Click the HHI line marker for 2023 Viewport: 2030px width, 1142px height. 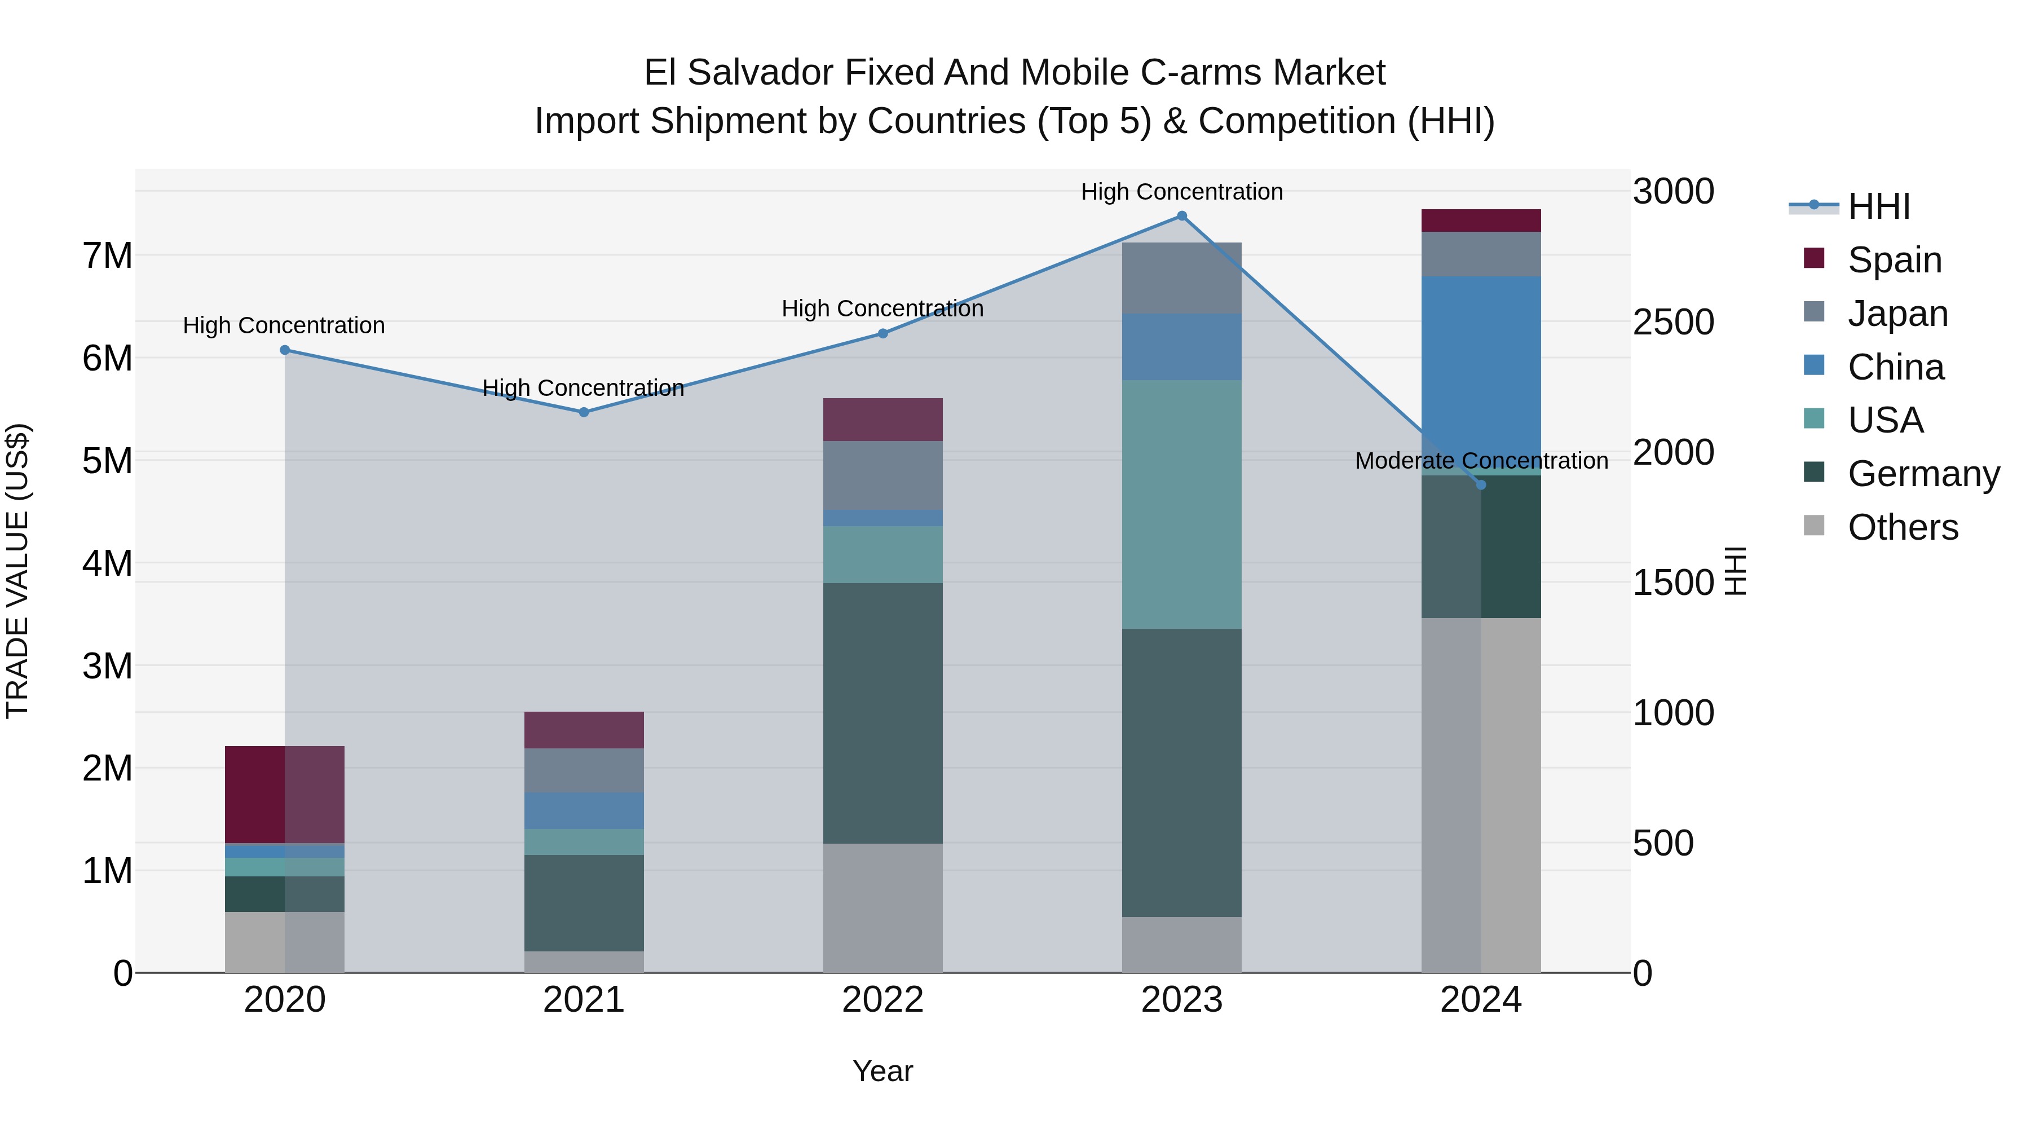coord(1181,216)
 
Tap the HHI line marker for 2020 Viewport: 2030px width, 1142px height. coord(285,350)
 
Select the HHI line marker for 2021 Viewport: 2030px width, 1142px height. coord(584,412)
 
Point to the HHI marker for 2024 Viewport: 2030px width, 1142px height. coord(1481,484)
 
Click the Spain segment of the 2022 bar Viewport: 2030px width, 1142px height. coord(882,419)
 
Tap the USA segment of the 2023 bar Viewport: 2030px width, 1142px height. coord(1181,504)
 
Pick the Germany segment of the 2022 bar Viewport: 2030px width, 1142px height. coord(882,713)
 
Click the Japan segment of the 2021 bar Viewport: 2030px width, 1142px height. coord(584,770)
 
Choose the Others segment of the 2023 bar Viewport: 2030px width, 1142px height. coord(1181,944)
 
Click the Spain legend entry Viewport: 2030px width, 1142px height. coord(1895,259)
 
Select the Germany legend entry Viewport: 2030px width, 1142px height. coord(1923,474)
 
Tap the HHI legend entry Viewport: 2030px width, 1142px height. coord(1879,206)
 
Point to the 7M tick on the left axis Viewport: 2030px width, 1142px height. coord(107,256)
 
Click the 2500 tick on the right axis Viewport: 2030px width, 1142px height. coord(1673,323)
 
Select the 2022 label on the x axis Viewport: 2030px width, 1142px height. coord(882,1000)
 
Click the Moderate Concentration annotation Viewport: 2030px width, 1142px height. coord(1481,461)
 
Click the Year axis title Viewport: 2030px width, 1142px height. coord(882,1071)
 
